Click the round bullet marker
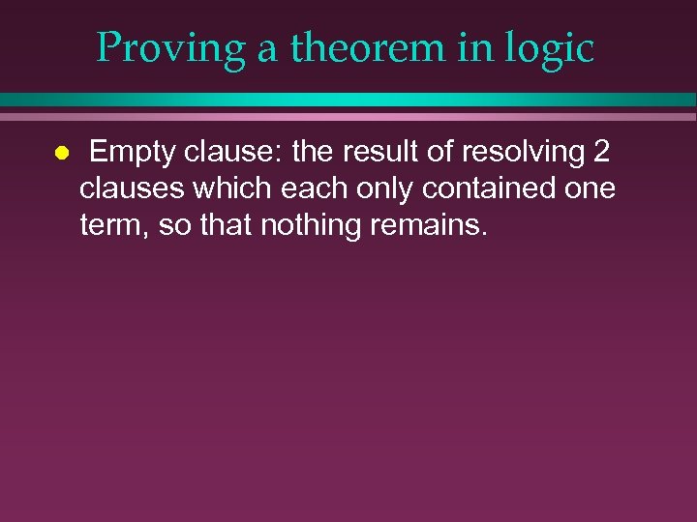60,153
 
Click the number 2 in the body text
600,152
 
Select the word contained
492,188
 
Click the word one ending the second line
589,188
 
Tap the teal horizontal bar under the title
348,100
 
